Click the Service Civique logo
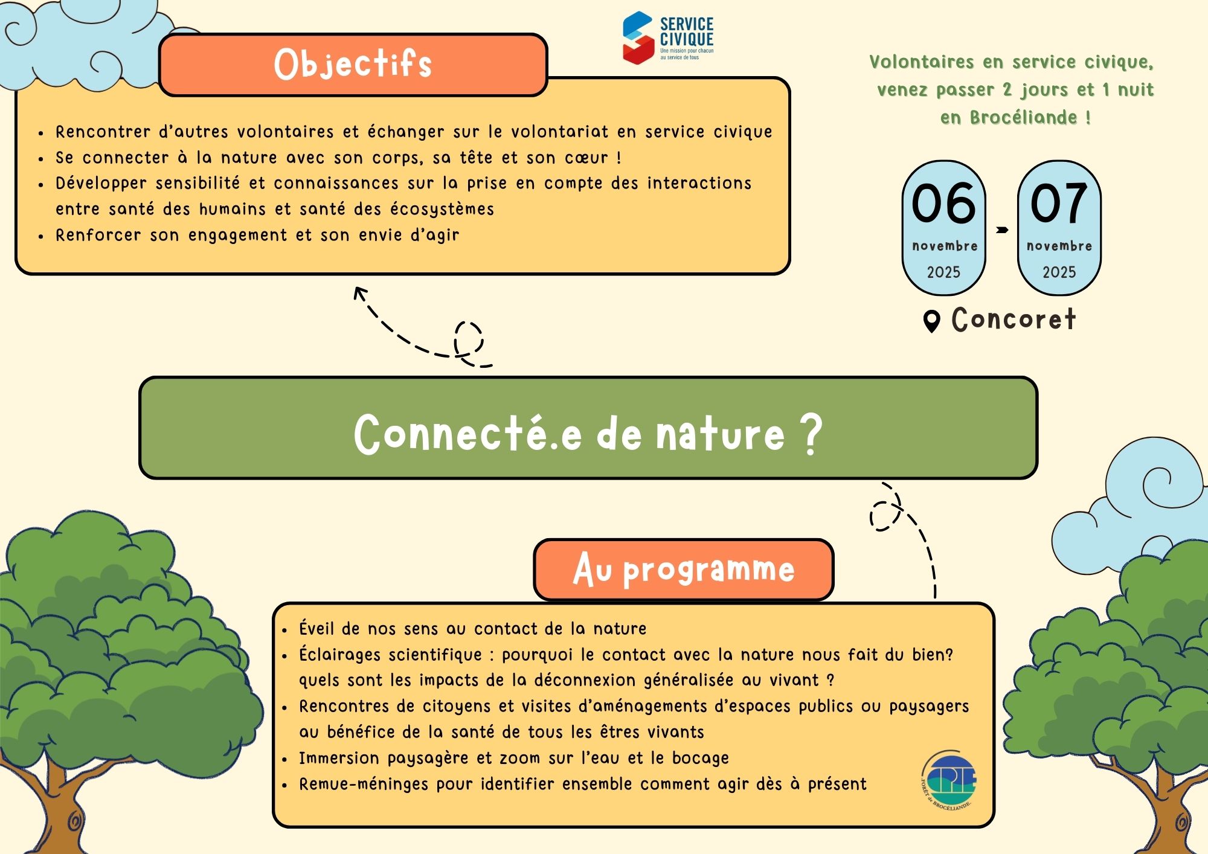[x=668, y=37]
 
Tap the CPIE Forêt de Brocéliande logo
[x=948, y=781]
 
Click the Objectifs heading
[x=353, y=64]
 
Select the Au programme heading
[x=684, y=569]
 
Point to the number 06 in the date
[x=943, y=204]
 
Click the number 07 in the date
[x=1059, y=204]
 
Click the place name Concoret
[x=1014, y=319]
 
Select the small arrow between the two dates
[x=1002, y=230]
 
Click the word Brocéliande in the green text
[x=1024, y=117]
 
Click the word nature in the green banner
[x=720, y=434]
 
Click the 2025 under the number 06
[x=943, y=272]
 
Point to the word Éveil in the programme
[x=316, y=628]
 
